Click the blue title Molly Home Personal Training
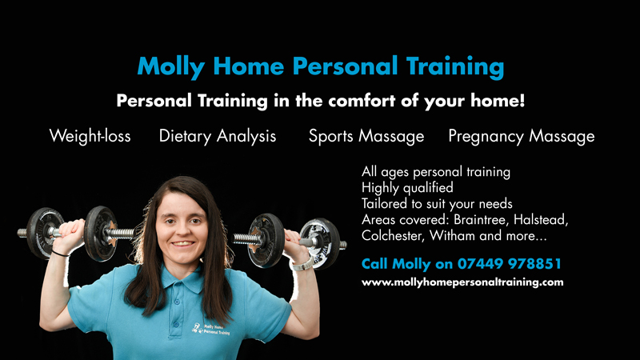(x=321, y=66)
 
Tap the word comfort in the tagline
(x=362, y=101)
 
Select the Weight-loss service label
(x=90, y=136)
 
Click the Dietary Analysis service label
(x=218, y=136)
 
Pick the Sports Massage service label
(x=366, y=136)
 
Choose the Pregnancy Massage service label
(x=522, y=136)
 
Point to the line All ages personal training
(x=436, y=172)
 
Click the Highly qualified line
(x=407, y=188)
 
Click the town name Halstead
(x=541, y=219)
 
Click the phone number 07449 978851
(x=510, y=264)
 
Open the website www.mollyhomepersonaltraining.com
(x=462, y=282)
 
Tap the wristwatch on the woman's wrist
(x=302, y=265)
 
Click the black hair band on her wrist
(x=61, y=254)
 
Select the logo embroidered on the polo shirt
(x=211, y=329)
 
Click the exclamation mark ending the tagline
(x=522, y=100)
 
